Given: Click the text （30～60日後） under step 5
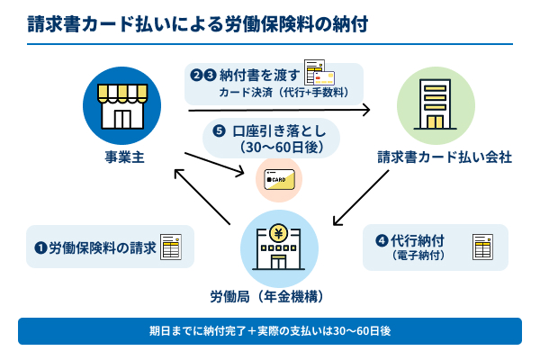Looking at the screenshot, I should [276, 145].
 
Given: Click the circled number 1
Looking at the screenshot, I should [40, 247].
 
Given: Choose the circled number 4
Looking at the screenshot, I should [382, 240].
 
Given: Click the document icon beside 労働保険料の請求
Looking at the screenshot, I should [172, 247].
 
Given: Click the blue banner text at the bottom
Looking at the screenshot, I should [270, 330].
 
